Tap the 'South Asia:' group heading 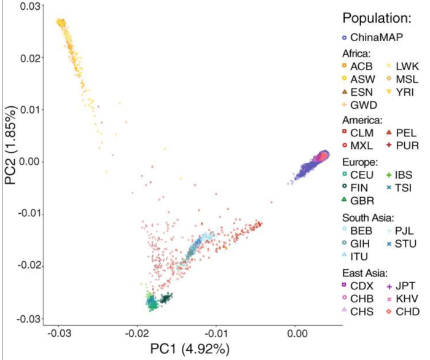tap(366, 217)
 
